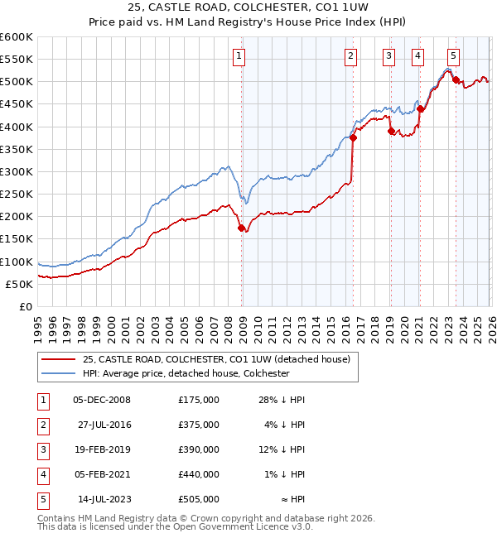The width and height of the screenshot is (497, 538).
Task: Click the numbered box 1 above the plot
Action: (x=239, y=56)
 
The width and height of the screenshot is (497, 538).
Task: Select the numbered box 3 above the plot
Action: (x=388, y=56)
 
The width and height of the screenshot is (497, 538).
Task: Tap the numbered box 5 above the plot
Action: (x=453, y=56)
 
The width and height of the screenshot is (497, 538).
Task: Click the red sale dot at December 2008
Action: (x=242, y=228)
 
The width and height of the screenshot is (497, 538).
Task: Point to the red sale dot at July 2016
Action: (x=354, y=138)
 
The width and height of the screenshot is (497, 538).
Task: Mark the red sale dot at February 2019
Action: (x=391, y=131)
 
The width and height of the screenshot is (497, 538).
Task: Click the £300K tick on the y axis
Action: (x=17, y=171)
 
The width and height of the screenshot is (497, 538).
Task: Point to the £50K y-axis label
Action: (x=19, y=284)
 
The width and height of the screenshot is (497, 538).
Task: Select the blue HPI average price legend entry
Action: (x=185, y=373)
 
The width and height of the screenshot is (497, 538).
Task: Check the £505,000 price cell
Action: (x=198, y=499)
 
